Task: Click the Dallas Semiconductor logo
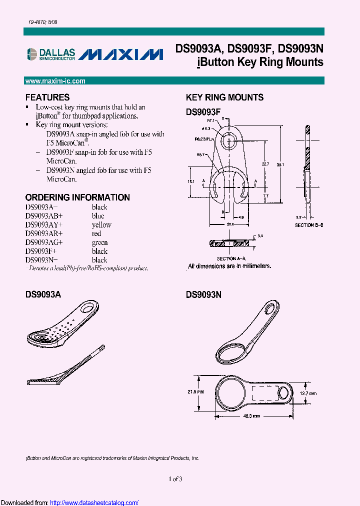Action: click(50, 54)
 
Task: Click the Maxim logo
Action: click(122, 54)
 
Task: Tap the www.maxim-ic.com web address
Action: click(55, 81)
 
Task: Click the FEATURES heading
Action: click(47, 97)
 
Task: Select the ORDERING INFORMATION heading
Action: click(77, 197)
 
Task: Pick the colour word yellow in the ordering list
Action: click(101, 225)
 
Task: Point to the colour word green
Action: click(99, 242)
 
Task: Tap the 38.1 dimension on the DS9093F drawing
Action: click(281, 164)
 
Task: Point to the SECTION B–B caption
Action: click(309, 226)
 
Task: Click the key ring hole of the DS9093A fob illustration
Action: click(90, 305)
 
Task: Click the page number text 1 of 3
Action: click(175, 479)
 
